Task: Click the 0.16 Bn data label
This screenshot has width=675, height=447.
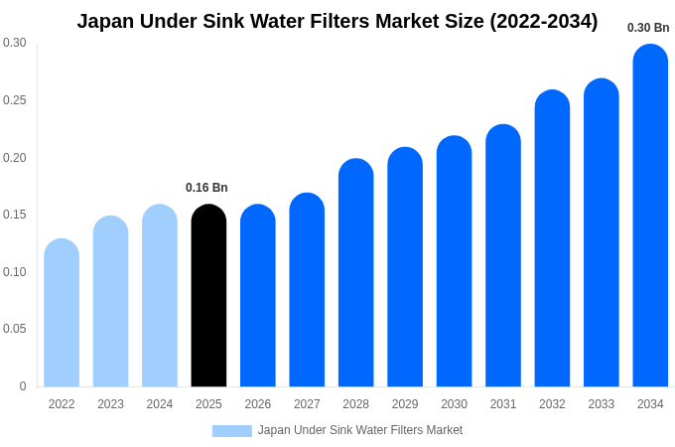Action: point(206,188)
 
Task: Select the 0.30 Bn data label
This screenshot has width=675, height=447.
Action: point(648,28)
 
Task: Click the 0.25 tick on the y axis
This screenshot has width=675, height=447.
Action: point(15,100)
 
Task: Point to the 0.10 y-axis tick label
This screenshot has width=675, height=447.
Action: point(15,272)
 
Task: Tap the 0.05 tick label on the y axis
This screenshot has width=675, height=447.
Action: point(15,329)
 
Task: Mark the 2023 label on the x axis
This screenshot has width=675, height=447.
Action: point(110,404)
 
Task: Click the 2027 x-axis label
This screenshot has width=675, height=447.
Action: point(307,404)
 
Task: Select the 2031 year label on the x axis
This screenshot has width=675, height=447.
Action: point(503,404)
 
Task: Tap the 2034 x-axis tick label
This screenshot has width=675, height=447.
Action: point(650,404)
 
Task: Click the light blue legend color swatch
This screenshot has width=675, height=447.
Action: point(231,430)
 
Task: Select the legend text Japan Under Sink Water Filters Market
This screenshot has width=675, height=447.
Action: point(360,430)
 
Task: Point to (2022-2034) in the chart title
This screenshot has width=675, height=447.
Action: point(539,21)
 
